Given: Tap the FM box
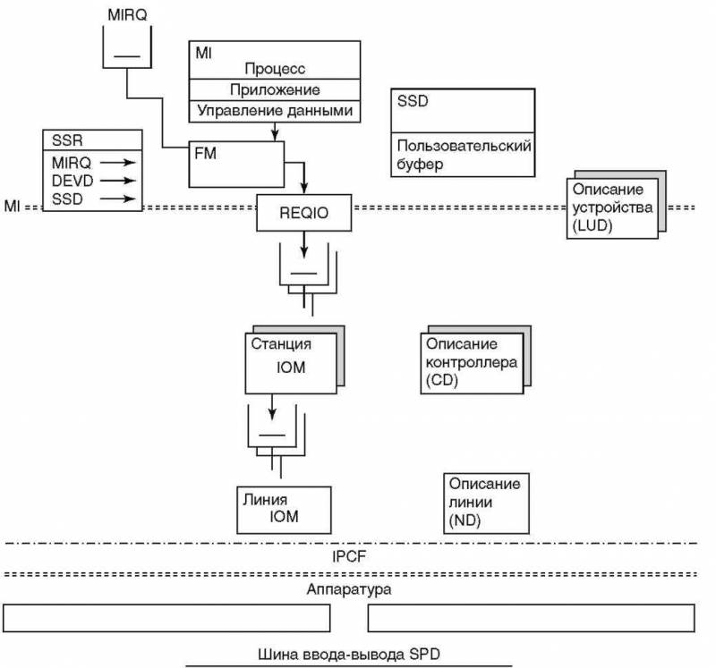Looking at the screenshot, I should click(x=237, y=163).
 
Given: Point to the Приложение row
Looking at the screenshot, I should click(x=275, y=90).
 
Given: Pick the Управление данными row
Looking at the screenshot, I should click(x=275, y=111).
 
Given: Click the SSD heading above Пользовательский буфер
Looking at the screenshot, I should click(x=413, y=101).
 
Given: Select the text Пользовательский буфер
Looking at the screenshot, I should click(x=464, y=154).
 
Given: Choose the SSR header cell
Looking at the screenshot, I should click(x=93, y=140).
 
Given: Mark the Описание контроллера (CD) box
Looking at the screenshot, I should click(x=471, y=362).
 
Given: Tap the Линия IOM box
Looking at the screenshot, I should click(x=283, y=509).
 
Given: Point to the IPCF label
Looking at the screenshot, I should click(x=350, y=557).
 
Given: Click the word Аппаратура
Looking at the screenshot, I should click(x=349, y=590).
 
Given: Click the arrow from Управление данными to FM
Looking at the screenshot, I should click(x=272, y=131).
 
